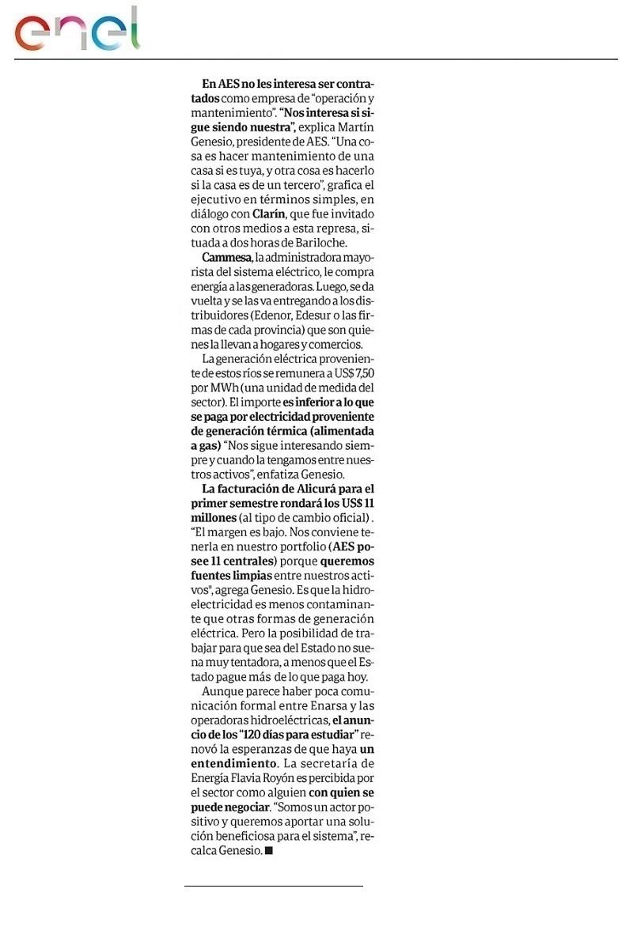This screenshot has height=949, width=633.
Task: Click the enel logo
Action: [78, 30]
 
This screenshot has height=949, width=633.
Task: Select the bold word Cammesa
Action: [226, 258]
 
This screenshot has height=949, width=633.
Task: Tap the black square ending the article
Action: [269, 850]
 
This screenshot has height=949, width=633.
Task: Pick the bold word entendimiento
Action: [234, 763]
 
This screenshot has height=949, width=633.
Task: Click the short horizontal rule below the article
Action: [273, 886]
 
